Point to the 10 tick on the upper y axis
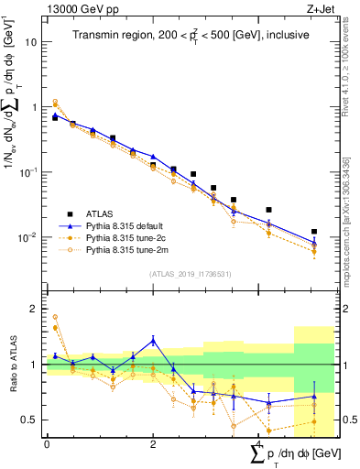32,42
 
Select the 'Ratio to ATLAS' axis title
12,365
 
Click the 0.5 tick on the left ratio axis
32,420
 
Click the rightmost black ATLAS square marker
314,232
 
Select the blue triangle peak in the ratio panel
153,340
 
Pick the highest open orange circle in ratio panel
55,317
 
